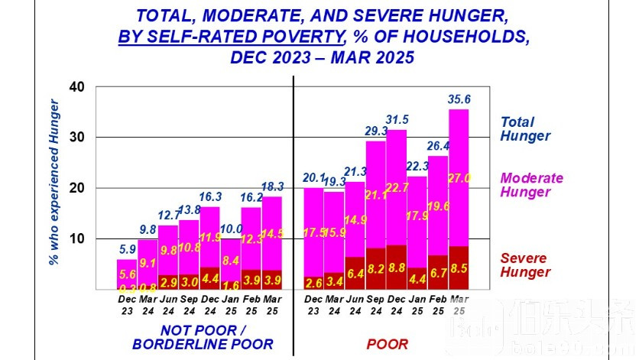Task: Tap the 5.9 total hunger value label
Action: click(126, 249)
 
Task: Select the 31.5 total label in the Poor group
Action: click(397, 119)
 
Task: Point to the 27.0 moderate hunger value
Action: click(459, 178)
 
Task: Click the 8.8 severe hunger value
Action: click(396, 268)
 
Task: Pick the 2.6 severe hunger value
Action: click(313, 283)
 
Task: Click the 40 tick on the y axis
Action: click(76, 86)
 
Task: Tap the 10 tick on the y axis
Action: click(76, 238)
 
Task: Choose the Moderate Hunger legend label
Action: click(531, 185)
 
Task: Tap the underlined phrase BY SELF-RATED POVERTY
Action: click(230, 36)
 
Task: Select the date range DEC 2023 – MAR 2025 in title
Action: click(319, 57)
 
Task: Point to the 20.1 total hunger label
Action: click(313, 177)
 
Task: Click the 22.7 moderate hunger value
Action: click(396, 188)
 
